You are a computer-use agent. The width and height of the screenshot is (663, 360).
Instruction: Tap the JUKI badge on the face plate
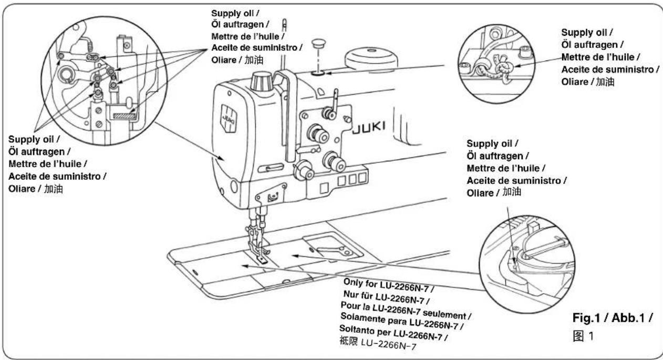point(229,118)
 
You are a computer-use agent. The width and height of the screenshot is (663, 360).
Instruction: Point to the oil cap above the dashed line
point(318,44)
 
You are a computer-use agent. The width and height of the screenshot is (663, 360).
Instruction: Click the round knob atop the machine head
point(262,82)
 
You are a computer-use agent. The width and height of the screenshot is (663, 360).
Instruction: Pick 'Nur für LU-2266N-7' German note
point(386,297)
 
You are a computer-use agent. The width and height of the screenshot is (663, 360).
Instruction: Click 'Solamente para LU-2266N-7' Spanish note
point(402,322)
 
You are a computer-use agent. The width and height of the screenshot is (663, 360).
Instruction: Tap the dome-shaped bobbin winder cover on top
point(371,59)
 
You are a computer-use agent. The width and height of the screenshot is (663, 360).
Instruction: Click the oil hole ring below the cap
point(318,73)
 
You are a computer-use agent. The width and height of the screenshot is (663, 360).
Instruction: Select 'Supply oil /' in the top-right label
point(587,32)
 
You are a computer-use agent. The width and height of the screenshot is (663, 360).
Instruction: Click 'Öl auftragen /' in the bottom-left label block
point(39,151)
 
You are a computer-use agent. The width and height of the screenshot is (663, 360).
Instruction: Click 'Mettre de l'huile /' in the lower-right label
point(506,168)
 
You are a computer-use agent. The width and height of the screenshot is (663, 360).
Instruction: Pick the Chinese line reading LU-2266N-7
point(378,343)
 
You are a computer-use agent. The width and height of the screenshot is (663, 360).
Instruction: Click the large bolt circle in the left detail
point(68,74)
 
